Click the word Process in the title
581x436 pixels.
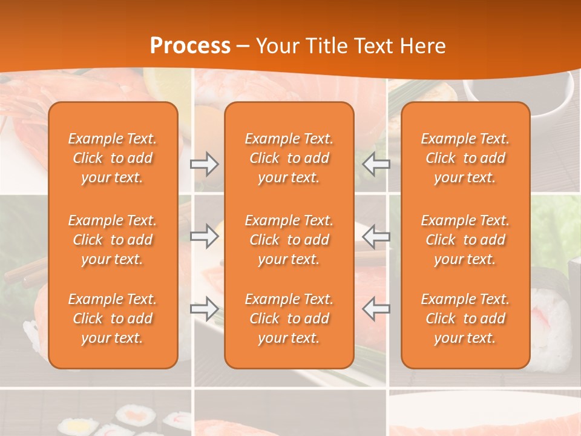190,46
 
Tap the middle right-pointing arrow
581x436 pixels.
204,236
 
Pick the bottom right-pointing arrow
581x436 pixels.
204,309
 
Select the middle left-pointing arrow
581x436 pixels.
376,236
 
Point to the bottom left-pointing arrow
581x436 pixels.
376,309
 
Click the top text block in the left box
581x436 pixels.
113,158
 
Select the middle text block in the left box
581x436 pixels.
113,240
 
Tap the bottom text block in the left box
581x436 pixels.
113,319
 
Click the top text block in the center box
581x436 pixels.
289,158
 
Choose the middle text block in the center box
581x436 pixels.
289,240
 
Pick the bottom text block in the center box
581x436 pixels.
289,319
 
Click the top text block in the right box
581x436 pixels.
465,158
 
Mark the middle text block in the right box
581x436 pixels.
465,240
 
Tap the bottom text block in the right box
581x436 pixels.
465,319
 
